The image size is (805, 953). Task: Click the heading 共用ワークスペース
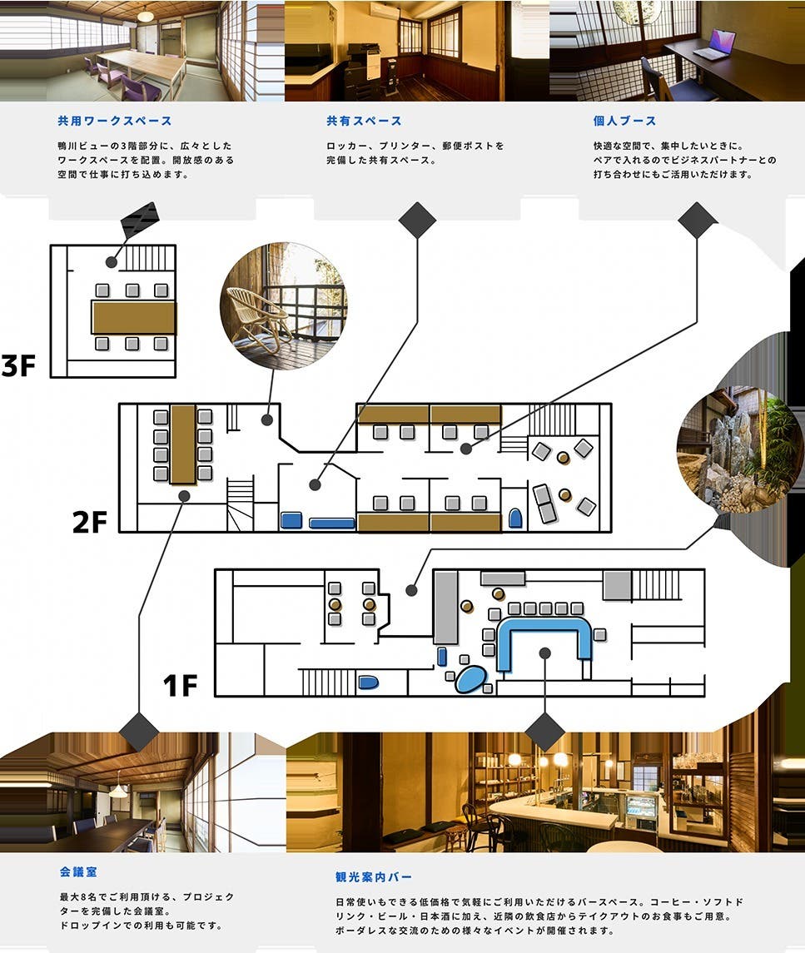point(115,122)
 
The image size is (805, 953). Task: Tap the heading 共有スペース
point(364,122)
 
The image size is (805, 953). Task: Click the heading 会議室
point(78,872)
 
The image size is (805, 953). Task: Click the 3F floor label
point(19,365)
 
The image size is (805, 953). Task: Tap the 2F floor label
point(90,522)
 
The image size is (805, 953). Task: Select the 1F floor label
point(180,686)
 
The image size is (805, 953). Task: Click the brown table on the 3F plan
point(133,317)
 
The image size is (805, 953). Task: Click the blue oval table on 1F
point(470,679)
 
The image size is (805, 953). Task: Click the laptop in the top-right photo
point(715,46)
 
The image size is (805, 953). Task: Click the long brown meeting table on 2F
point(182,444)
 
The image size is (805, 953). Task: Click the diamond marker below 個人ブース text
point(697,221)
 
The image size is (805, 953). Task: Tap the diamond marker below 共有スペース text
point(417,221)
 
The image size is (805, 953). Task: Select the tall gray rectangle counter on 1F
point(445,608)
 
